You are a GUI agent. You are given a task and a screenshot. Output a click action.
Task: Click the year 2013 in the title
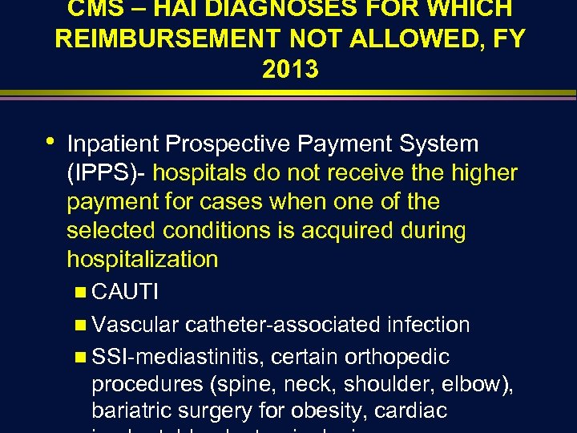click(289, 70)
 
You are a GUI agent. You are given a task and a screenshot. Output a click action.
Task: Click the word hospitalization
click(143, 260)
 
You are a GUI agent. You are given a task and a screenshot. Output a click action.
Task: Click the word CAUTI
click(125, 293)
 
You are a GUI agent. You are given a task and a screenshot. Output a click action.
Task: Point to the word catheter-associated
click(282, 325)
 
